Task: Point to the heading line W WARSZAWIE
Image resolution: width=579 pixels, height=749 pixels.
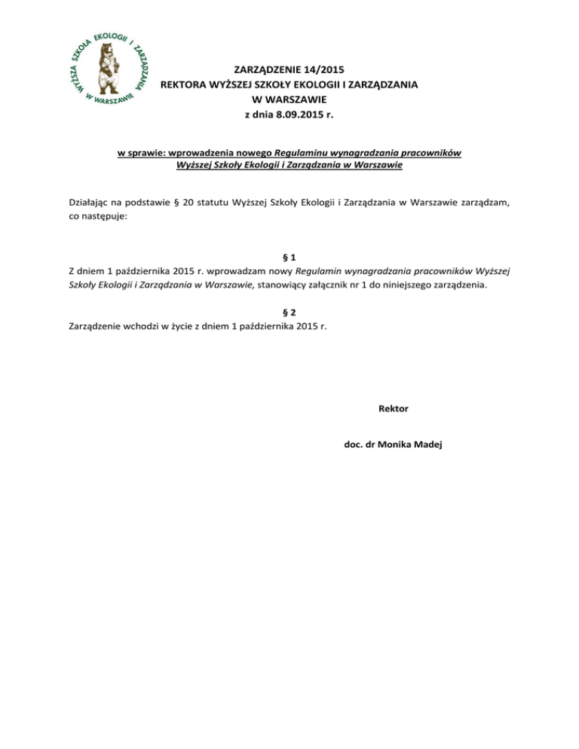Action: (290, 100)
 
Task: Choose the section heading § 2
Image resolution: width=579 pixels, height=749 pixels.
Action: (289, 312)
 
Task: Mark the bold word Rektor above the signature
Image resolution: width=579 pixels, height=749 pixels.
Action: (393, 408)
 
